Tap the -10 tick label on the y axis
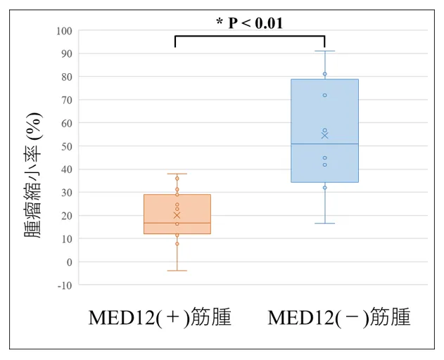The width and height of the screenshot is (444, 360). click(64, 285)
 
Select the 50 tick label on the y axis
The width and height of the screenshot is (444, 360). click(66, 146)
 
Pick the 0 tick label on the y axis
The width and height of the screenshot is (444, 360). click(69, 262)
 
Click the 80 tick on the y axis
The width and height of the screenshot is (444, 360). click(66, 77)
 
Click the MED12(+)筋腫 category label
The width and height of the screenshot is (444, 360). click(160, 318)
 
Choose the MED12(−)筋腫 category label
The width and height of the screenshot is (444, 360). click(339, 318)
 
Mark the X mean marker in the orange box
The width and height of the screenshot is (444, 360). click(177, 215)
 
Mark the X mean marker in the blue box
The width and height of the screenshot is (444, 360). click(324, 135)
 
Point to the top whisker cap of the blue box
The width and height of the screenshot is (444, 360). click(324, 51)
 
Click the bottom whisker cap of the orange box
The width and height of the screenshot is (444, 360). click(177, 271)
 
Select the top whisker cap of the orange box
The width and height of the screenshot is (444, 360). click(177, 174)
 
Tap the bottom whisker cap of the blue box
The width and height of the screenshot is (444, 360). click(324, 224)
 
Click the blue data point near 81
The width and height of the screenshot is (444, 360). click(324, 74)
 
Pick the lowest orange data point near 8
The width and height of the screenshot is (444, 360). click(177, 244)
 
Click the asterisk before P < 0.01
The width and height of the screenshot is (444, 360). click(220, 22)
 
